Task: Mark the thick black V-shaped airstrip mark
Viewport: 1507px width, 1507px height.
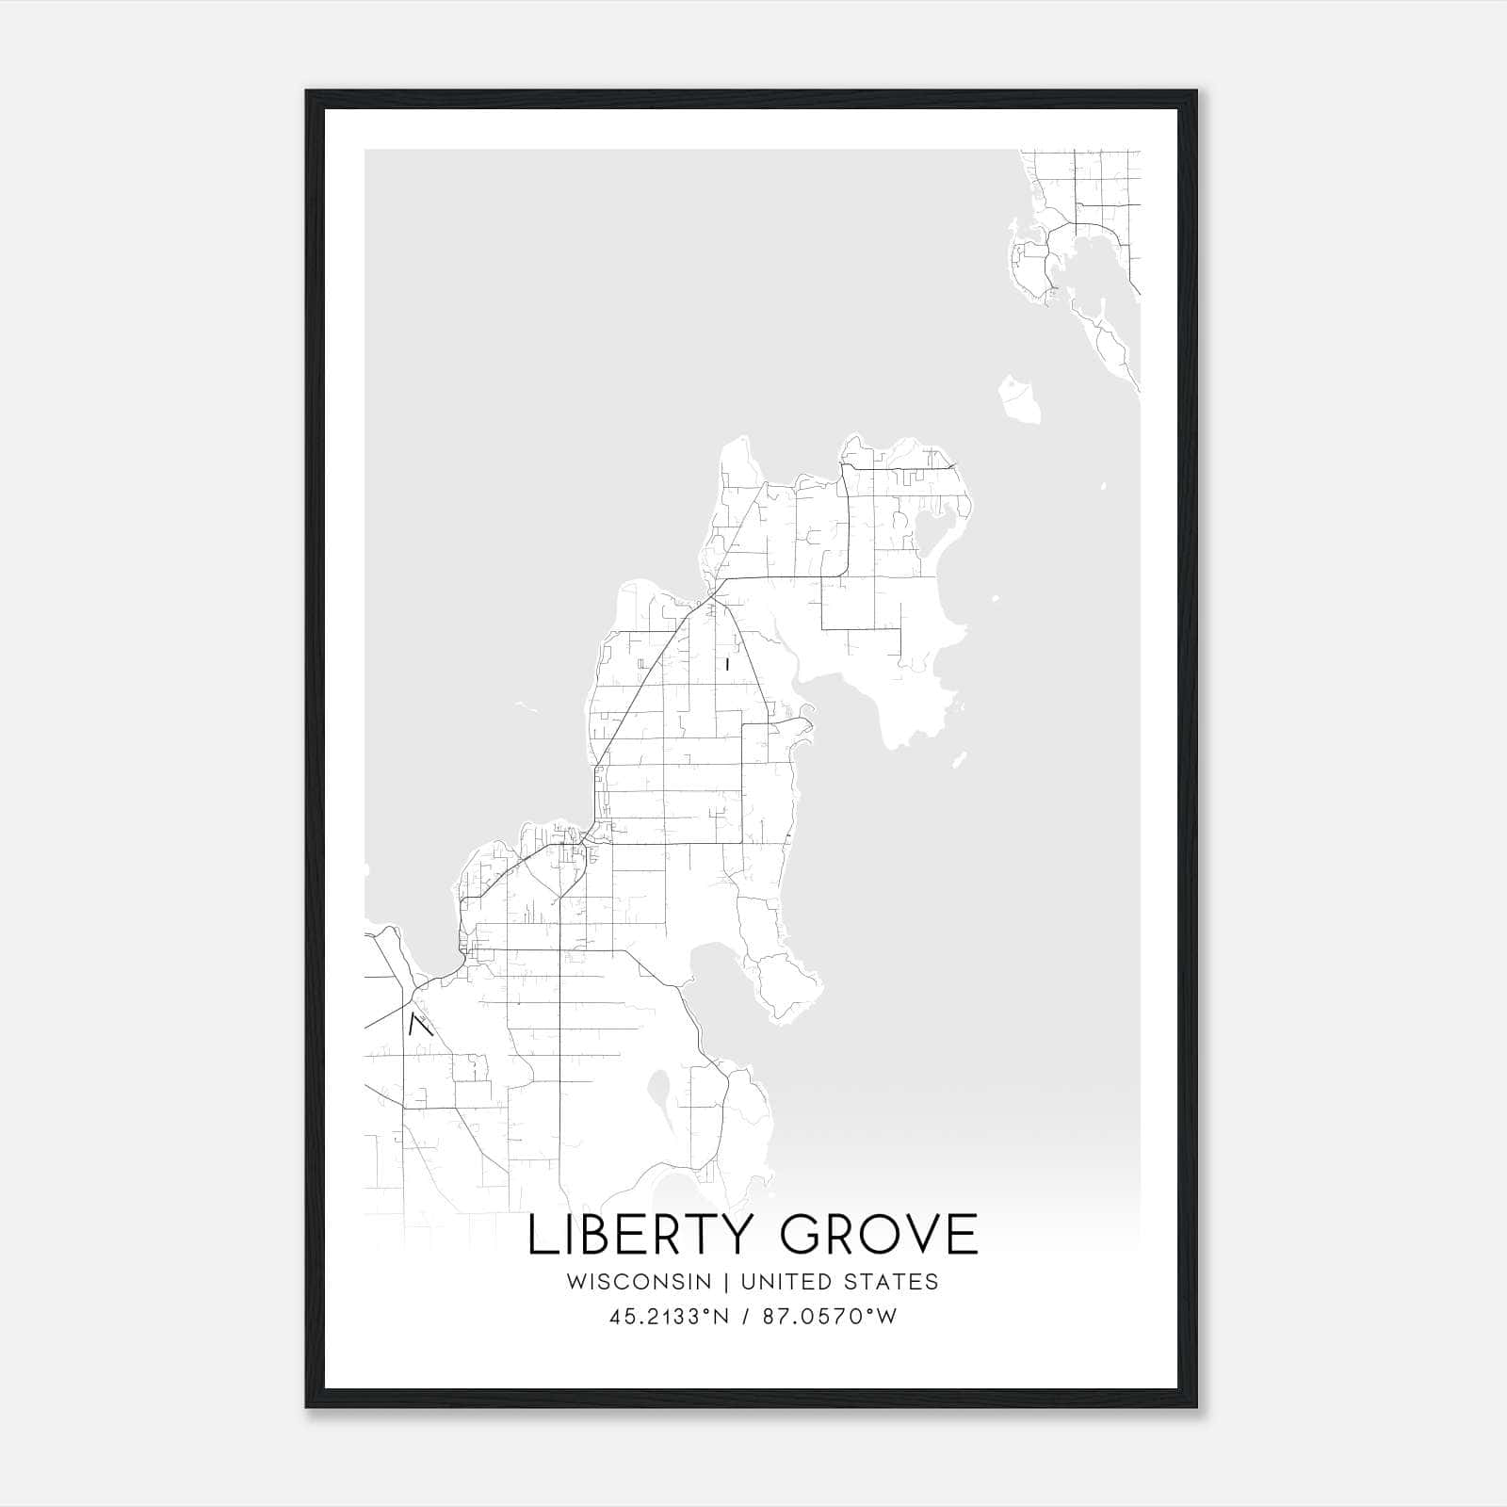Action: (x=419, y=1024)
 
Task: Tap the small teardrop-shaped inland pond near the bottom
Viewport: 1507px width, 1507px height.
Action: (x=658, y=1097)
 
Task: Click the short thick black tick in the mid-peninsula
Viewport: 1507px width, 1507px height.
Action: (x=728, y=664)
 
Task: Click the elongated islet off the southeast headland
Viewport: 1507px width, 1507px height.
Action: (x=959, y=758)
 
